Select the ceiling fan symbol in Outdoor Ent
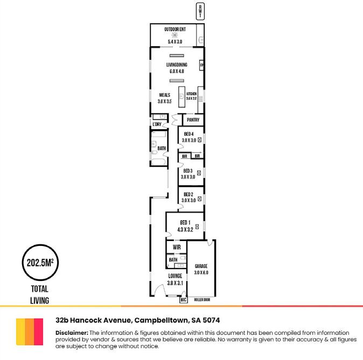(175, 35)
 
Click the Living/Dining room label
(177, 65)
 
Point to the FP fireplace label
(201, 66)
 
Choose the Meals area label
(164, 95)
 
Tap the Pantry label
(193, 120)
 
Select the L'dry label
(157, 124)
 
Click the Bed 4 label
(189, 134)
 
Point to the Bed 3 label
(188, 170)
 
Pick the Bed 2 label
(188, 194)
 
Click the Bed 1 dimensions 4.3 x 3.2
(185, 229)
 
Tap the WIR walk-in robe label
(176, 248)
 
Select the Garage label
(201, 266)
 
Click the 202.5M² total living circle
(39, 264)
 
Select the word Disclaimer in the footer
(72, 333)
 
